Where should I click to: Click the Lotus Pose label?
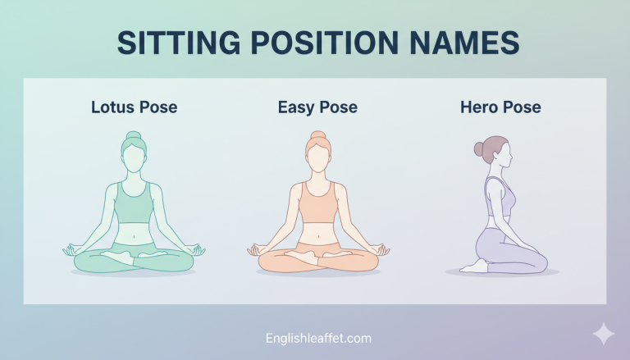(134, 107)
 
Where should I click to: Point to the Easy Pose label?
(317, 107)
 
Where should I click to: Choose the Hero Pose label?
(500, 107)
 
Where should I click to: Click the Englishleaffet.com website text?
(318, 338)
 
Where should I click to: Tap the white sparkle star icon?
(604, 334)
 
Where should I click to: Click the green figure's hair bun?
(133, 136)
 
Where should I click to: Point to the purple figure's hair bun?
(479, 149)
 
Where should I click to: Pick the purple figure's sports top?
(501, 197)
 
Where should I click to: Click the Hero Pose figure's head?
(498, 154)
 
